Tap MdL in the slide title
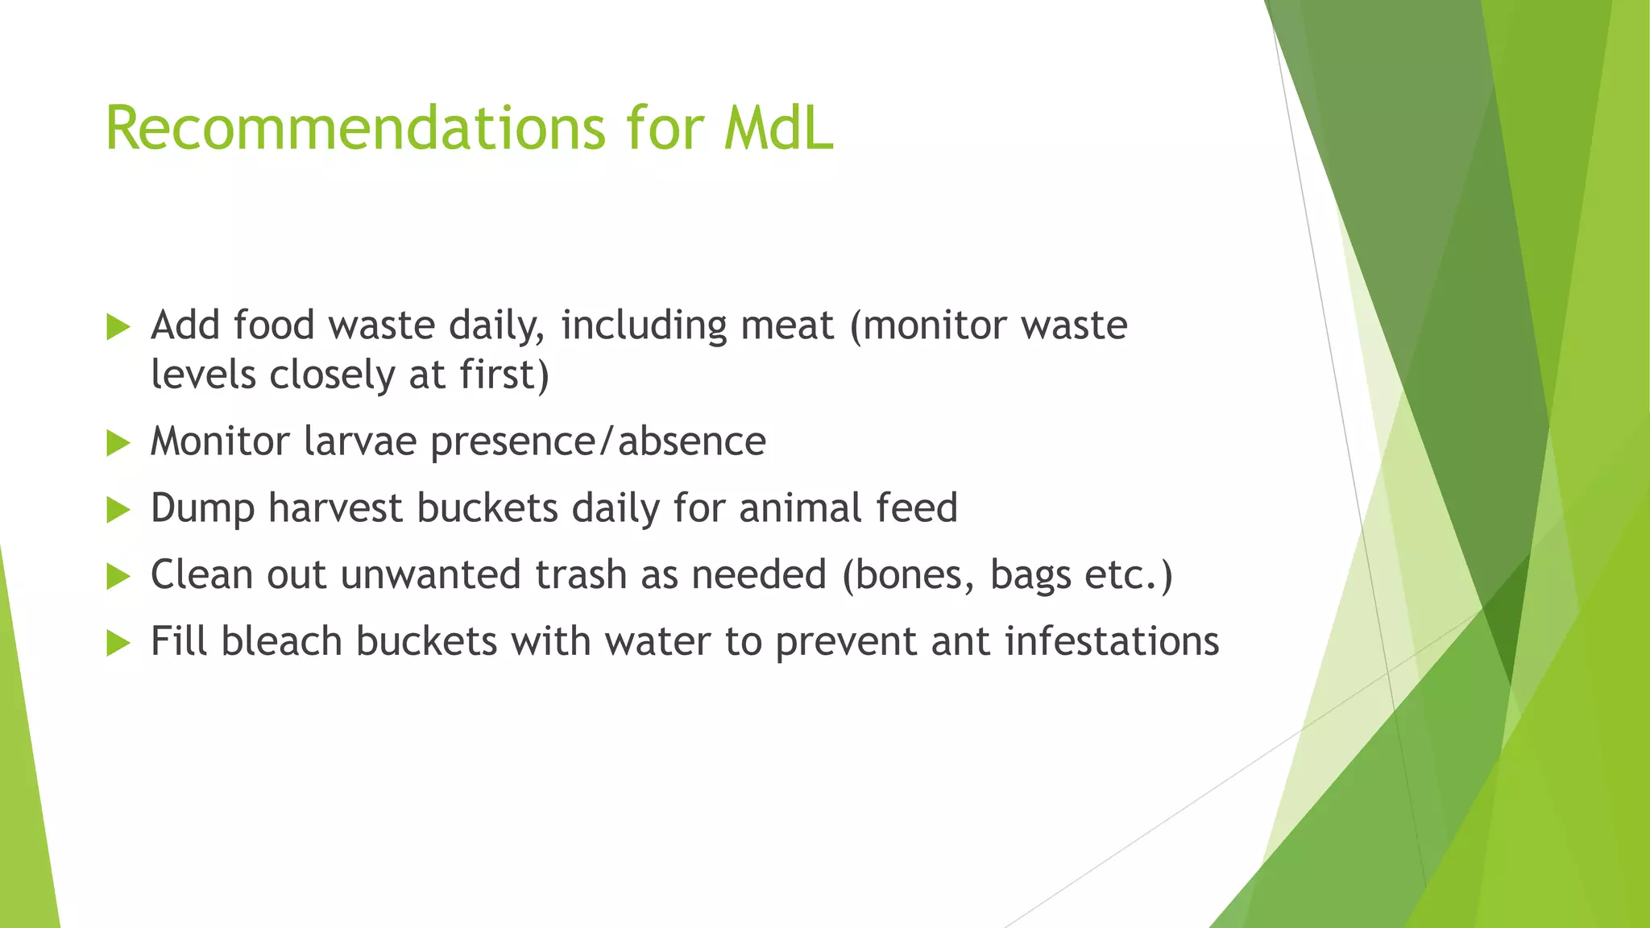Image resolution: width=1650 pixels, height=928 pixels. click(777, 128)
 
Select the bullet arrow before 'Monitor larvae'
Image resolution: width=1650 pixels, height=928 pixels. click(118, 442)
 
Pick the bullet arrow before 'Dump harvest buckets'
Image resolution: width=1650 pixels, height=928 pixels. click(118, 509)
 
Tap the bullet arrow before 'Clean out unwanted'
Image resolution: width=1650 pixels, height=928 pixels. click(118, 576)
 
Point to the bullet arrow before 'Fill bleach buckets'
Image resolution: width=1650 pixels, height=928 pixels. click(118, 643)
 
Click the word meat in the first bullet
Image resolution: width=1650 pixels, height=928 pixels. click(786, 325)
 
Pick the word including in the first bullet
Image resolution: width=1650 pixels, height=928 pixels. click(644, 326)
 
